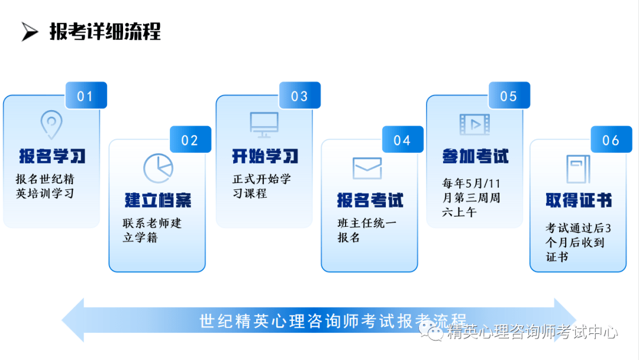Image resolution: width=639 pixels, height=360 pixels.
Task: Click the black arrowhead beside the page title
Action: click(30, 32)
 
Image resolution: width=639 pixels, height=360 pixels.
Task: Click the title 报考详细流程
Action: click(105, 32)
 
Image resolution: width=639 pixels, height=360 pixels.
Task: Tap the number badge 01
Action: click(86, 95)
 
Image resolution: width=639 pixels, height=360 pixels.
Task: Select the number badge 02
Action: click(191, 139)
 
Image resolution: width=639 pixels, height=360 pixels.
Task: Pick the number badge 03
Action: click(299, 95)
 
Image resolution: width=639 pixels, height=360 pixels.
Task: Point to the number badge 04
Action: click(403, 139)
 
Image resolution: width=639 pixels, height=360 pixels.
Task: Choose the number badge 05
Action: click(509, 95)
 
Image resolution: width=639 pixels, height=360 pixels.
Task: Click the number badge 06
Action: click(611, 139)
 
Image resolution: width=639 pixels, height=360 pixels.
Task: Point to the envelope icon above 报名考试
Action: click(367, 168)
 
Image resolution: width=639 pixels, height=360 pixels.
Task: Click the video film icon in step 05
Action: click(475, 124)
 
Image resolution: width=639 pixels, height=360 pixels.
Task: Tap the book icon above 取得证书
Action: click(578, 169)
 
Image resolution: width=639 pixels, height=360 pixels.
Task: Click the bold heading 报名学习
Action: click(52, 156)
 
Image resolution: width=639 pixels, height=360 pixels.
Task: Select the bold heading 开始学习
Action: click(265, 156)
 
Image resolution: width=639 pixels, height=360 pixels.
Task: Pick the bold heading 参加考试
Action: click(476, 156)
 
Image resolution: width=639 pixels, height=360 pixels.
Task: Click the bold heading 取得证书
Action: click(579, 200)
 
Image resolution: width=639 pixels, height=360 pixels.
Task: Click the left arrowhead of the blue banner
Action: click(73, 320)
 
